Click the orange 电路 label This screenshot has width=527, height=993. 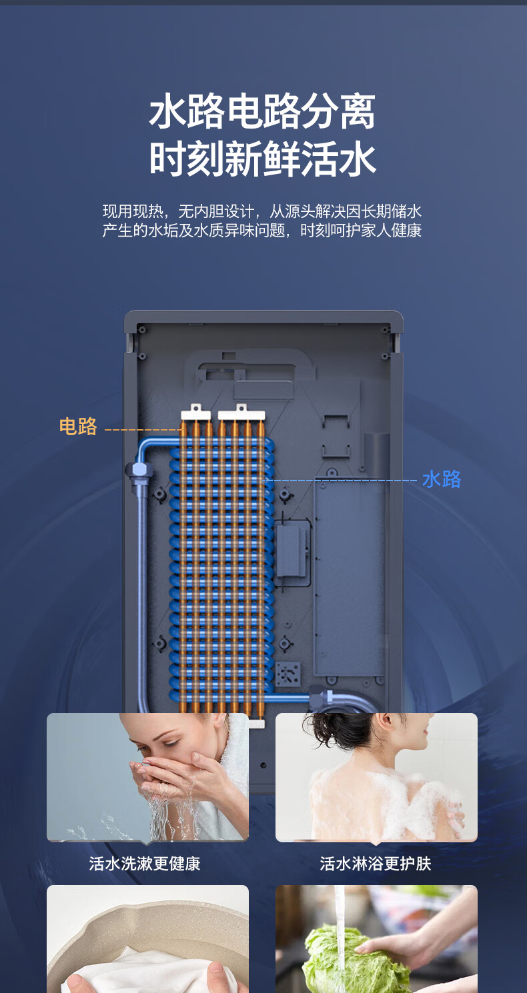(78, 426)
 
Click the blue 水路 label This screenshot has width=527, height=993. (442, 479)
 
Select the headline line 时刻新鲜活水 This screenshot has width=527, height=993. (262, 159)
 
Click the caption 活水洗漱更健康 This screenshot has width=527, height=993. (145, 864)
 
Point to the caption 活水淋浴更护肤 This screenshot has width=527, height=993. (376, 864)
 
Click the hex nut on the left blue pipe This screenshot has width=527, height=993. (139, 471)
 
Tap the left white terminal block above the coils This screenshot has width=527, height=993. (195, 413)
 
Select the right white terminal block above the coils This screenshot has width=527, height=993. (241, 413)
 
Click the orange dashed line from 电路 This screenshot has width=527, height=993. (143, 430)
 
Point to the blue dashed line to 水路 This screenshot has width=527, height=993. (341, 480)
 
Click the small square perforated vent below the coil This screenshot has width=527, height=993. (288, 674)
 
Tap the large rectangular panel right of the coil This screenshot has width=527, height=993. (350, 576)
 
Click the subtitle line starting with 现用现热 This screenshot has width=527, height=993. (262, 211)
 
